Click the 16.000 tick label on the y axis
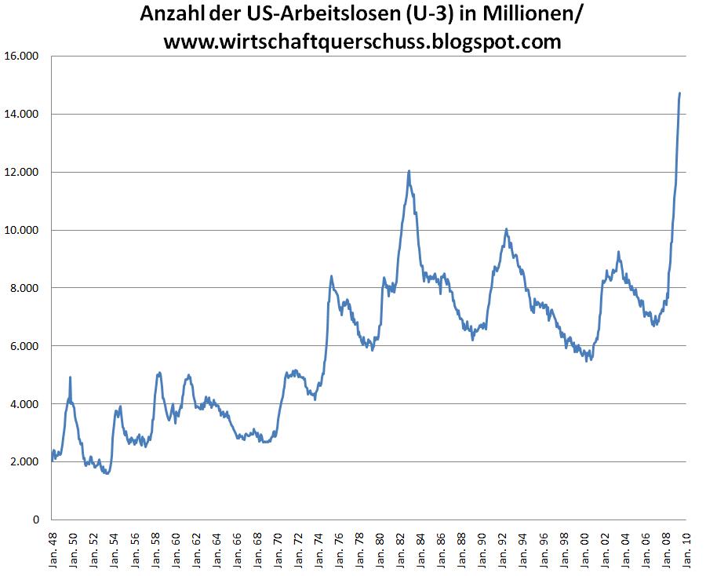point(21,57)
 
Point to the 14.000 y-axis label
point(21,115)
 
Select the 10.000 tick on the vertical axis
point(21,230)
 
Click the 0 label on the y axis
point(35,519)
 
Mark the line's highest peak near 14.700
point(679,93)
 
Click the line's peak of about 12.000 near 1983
point(409,171)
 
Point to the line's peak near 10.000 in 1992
point(506,229)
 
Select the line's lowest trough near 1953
point(107,473)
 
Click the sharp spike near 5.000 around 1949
point(71,377)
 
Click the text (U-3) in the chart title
point(431,14)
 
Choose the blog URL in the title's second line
point(362,41)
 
